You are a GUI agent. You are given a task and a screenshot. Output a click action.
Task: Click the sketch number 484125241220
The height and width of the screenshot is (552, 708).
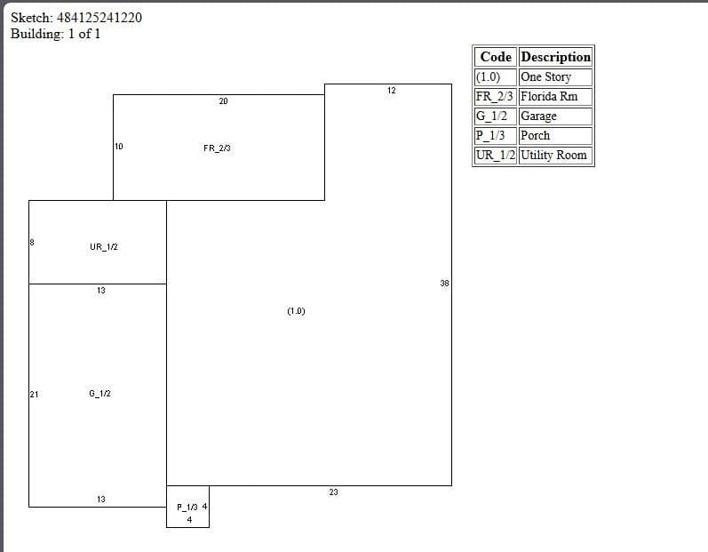pos(99,18)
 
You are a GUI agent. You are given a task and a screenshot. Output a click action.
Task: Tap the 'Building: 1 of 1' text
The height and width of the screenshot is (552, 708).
pos(56,34)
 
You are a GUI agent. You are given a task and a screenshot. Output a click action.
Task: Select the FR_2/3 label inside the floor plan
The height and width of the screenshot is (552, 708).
pos(217,148)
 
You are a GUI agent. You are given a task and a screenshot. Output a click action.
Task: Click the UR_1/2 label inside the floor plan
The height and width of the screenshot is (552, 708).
pos(104,246)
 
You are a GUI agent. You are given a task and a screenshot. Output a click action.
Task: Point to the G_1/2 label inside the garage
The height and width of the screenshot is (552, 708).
pos(99,394)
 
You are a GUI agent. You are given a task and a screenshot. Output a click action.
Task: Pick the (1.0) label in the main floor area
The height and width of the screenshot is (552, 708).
pos(296,311)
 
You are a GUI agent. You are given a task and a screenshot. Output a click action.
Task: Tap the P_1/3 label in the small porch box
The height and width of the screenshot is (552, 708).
pos(187,508)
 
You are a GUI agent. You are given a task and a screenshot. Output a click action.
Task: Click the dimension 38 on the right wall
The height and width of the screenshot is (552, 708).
pos(445,284)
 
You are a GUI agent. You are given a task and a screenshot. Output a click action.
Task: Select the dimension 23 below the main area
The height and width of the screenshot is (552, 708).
pos(334,492)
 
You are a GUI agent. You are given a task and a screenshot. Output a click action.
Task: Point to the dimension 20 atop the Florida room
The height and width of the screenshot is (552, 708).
pos(224,101)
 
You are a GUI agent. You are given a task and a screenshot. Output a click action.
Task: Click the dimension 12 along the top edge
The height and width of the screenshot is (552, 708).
pos(392,91)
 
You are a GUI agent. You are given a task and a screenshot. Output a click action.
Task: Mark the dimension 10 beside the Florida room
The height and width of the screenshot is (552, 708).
pos(119,147)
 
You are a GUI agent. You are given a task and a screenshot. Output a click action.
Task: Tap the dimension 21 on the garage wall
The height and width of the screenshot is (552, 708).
pos(35,395)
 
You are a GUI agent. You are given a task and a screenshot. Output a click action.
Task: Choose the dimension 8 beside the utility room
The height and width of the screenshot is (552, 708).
pos(32,242)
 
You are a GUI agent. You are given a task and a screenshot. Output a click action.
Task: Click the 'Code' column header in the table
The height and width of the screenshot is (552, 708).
pos(496,57)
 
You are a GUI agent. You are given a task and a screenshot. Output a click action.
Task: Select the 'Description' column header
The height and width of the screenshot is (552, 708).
pos(556,57)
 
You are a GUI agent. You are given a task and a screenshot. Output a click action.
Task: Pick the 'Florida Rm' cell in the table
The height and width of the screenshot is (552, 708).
pos(549,96)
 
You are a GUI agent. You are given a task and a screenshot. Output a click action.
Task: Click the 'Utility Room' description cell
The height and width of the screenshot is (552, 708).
pos(553,155)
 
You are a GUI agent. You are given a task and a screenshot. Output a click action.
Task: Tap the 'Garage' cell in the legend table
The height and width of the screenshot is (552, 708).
pos(538,116)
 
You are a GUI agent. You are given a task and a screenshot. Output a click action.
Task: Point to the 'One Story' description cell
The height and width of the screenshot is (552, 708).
pos(546,76)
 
